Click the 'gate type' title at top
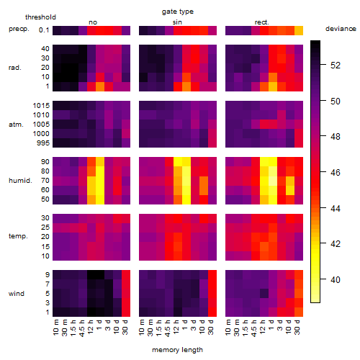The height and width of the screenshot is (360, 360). [x=178, y=12]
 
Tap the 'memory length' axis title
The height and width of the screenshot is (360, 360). [x=177, y=350]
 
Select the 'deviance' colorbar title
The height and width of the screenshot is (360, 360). [x=341, y=29]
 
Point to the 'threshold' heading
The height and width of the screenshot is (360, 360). [x=40, y=17]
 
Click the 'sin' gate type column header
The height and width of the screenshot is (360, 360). [x=177, y=22]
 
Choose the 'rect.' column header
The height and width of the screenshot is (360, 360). [x=261, y=22]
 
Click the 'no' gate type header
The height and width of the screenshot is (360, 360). [x=93, y=22]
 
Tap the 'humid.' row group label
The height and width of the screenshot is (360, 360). [x=20, y=181]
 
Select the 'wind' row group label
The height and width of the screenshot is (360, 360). [x=17, y=294]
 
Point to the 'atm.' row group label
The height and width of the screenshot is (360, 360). [x=16, y=125]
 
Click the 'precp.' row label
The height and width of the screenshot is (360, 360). [x=19, y=30]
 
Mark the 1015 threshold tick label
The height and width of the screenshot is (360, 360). [x=41, y=105]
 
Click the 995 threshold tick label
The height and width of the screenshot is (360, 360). [x=43, y=143]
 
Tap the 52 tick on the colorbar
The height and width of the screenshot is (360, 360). [x=336, y=66]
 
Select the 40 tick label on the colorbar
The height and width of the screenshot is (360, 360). [x=336, y=279]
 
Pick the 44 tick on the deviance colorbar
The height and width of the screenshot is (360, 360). [x=336, y=208]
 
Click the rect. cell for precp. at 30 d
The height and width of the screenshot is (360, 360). [x=299, y=30]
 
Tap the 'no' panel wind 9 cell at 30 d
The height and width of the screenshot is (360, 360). [x=126, y=275]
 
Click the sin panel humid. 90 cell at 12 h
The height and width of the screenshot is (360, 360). [x=178, y=162]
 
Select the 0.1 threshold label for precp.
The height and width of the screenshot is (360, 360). [x=44, y=30]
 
